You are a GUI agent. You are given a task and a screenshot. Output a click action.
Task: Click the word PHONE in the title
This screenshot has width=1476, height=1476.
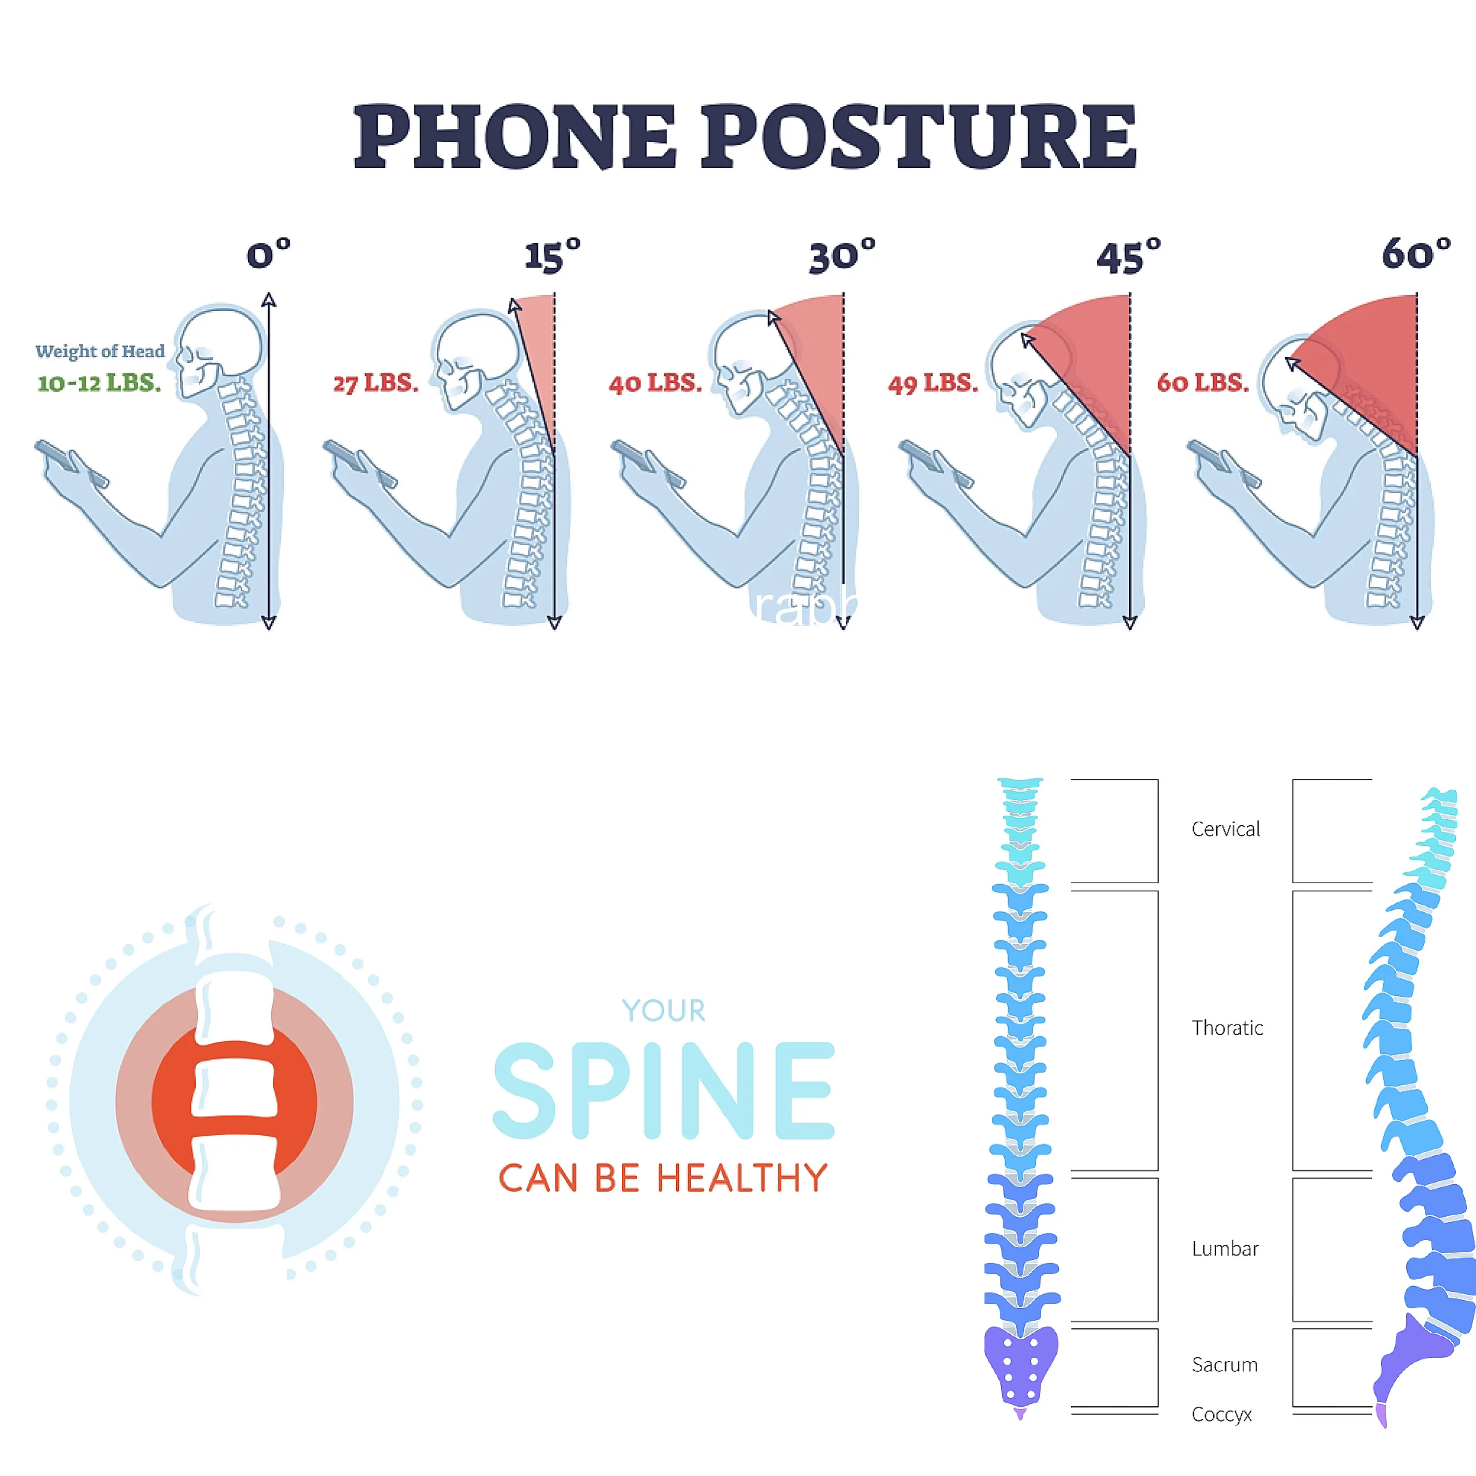(514, 138)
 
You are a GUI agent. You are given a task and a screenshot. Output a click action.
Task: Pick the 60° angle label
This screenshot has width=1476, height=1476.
(1415, 254)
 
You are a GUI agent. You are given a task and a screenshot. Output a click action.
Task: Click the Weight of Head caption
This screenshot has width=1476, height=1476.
(100, 351)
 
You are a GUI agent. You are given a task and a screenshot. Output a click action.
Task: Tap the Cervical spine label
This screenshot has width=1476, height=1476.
(1226, 829)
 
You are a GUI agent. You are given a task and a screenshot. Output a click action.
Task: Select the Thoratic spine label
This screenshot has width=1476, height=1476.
(1227, 1028)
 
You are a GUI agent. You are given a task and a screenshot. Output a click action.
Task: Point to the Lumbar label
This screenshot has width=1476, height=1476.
(1225, 1248)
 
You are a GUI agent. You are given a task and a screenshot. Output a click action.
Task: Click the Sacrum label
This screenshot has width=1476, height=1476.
(1225, 1364)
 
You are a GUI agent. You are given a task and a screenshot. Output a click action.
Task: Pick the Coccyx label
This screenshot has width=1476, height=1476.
(1222, 1414)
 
